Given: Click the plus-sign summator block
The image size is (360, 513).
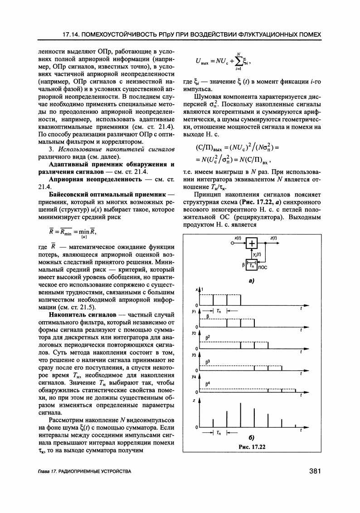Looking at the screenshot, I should point(252,244).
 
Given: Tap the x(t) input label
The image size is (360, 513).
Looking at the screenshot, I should point(238,237).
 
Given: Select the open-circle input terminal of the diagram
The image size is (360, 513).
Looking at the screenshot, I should point(233,244).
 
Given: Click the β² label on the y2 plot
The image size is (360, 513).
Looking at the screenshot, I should point(208,337).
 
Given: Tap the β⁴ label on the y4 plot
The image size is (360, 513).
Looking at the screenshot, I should point(208,385).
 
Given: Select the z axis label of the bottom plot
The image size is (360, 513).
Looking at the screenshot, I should point(194,401).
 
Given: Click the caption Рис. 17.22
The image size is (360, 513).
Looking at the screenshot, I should point(252,447).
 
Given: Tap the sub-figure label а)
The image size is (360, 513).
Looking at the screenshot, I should point(250,281).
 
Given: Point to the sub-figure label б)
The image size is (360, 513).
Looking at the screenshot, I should point(251,438).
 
